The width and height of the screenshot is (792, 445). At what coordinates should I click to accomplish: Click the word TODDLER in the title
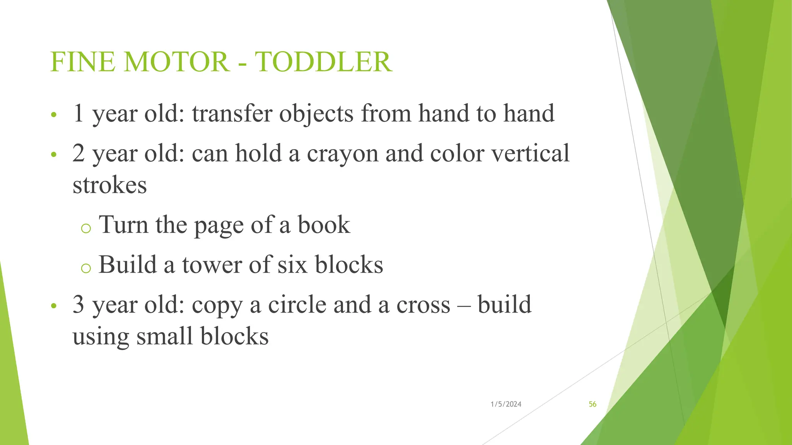pos(323,62)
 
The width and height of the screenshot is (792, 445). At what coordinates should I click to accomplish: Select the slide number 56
pos(592,404)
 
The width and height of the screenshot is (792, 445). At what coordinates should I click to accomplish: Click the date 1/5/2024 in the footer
pos(506,404)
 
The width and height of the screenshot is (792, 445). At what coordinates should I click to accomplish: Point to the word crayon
pos(343,154)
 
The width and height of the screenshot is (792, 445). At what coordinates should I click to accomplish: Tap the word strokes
pos(110,185)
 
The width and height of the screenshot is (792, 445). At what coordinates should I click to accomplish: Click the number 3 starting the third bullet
pos(79,305)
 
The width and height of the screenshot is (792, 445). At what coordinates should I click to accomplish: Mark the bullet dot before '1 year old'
pos(54,115)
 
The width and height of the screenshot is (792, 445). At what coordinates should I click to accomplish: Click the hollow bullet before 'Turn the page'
pos(86,228)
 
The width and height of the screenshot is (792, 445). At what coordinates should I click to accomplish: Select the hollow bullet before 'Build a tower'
pos(86,268)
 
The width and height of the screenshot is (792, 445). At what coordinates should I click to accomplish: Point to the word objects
pos(316,114)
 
